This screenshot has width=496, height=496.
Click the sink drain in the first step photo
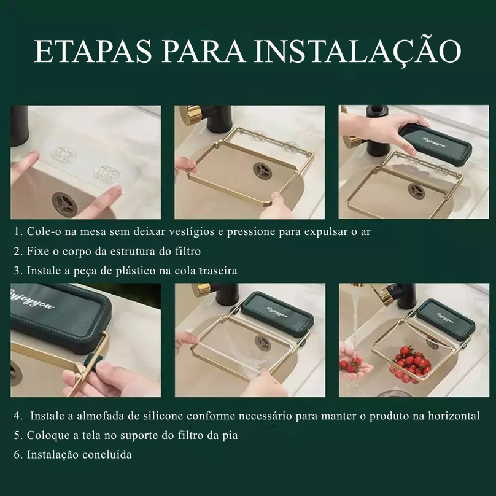click(x=64, y=204)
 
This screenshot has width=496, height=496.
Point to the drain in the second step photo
click(x=263, y=171)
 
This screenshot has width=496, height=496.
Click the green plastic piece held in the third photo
click(x=435, y=144)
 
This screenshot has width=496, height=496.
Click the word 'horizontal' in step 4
click(x=454, y=416)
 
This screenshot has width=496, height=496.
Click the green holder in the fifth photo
click(x=277, y=311)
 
